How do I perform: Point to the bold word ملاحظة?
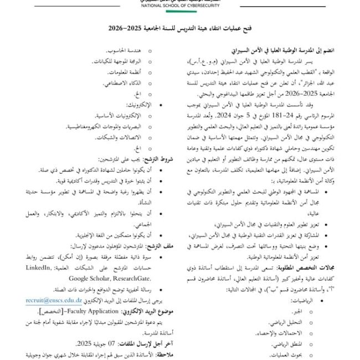[168, 352]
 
